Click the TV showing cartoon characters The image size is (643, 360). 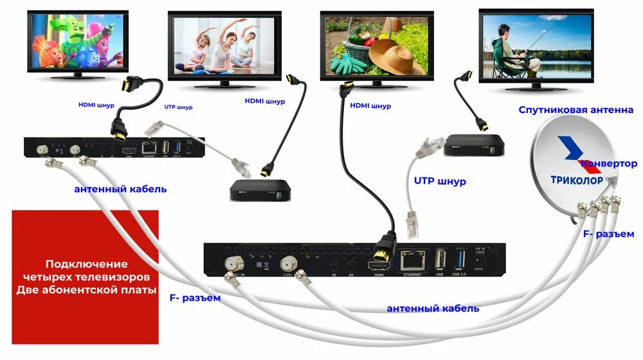[x=77, y=42]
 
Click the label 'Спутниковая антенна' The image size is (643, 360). [x=576, y=110]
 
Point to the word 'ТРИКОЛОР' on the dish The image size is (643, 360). [x=577, y=180]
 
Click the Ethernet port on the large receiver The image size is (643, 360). [x=412, y=260]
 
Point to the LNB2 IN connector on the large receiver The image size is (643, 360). [x=233, y=263]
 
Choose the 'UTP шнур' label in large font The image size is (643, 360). [x=440, y=181]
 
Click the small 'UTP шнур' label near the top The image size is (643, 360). [x=179, y=107]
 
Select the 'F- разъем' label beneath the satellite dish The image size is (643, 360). [x=608, y=233]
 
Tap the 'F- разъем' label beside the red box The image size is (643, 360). [x=195, y=298]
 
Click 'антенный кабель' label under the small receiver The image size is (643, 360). [x=120, y=189]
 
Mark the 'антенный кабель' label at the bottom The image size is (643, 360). [x=433, y=309]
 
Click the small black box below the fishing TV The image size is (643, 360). [x=475, y=145]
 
